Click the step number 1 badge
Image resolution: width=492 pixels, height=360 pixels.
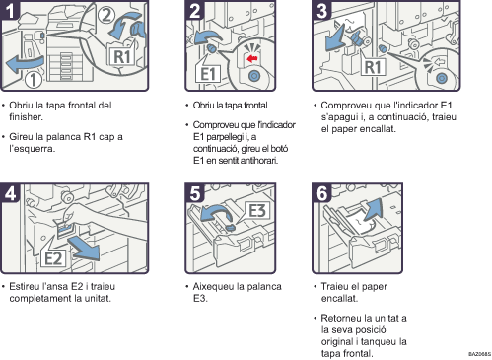point(10,10)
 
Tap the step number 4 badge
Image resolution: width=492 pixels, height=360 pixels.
point(10,193)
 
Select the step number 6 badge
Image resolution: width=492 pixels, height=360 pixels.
point(322,193)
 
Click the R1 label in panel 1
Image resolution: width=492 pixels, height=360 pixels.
point(122,57)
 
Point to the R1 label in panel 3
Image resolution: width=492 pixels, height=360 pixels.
point(374,67)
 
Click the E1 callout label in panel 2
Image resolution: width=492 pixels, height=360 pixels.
point(207,74)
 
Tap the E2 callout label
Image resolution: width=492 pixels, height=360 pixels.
point(53,258)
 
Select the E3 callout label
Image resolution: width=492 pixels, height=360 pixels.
point(256,211)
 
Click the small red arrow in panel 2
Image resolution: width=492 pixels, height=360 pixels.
point(252,58)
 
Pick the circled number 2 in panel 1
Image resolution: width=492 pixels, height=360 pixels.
point(105,16)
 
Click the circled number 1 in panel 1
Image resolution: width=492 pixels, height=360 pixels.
point(34,80)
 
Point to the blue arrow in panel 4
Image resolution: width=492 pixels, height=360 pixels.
point(84,248)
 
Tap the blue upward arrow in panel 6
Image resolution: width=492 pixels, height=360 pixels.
point(373,209)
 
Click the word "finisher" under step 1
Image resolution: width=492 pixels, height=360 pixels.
point(25,117)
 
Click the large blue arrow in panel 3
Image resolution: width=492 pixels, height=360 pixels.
point(335,37)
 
